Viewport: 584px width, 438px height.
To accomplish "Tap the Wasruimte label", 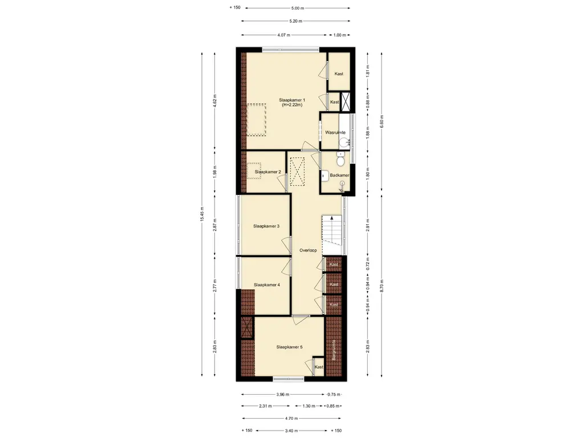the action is [x=335, y=132].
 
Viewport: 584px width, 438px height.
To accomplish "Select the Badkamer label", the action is [x=339, y=175].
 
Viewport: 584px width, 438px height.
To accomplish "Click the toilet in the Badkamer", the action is [x=340, y=160].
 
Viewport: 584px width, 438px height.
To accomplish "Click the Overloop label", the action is [x=308, y=250].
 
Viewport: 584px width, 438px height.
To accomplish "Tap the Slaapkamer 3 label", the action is [x=266, y=226].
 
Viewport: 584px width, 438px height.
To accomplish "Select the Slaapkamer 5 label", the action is [x=289, y=347].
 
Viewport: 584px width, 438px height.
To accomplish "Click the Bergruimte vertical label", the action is [x=334, y=350].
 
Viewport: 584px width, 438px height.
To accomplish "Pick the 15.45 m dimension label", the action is [x=202, y=214].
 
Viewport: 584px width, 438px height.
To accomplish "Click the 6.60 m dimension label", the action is [x=382, y=122].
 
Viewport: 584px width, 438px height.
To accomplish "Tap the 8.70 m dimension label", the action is [x=382, y=286].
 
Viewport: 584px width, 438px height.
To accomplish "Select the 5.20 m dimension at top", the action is [x=296, y=21].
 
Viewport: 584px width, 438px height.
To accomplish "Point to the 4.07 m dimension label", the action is [x=284, y=35].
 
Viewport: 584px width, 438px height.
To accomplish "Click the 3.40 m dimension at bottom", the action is [x=291, y=431].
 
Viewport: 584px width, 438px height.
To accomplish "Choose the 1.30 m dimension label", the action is [x=309, y=406].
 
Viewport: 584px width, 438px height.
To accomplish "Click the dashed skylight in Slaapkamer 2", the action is [x=254, y=171].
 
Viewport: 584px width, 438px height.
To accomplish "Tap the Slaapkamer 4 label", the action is [x=267, y=285].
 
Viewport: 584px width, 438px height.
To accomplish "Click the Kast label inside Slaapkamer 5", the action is [x=319, y=367].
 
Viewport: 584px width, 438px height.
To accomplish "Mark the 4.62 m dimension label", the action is [x=214, y=101].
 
